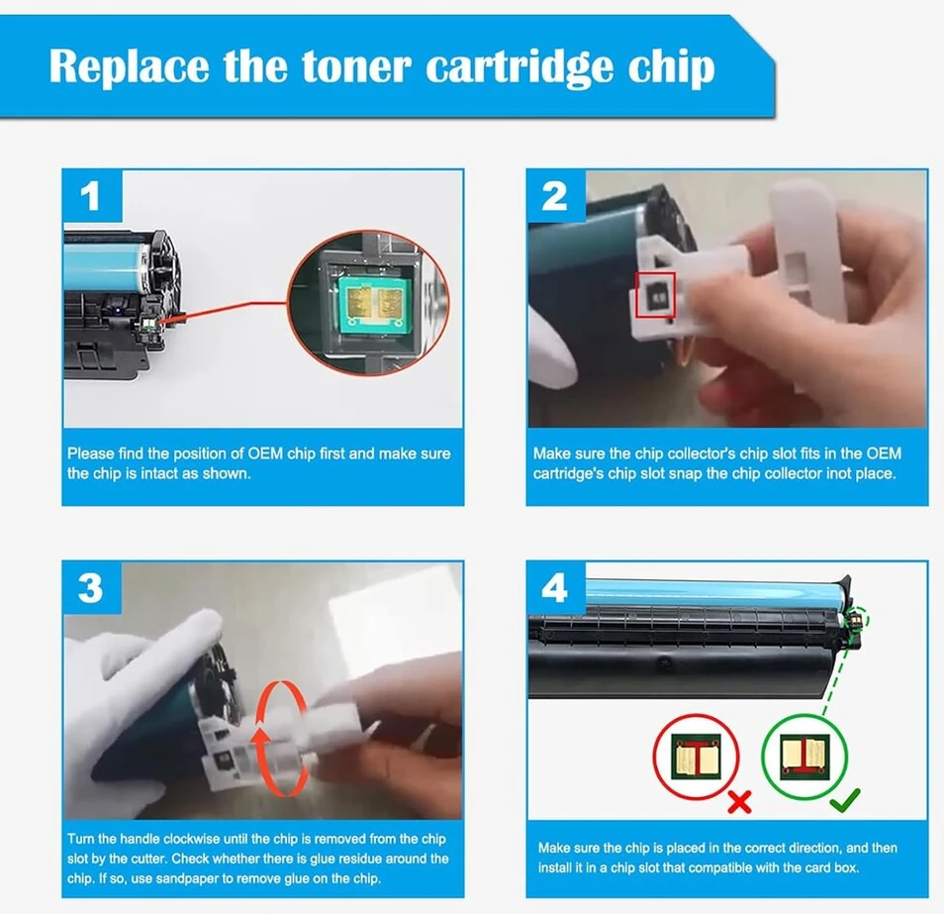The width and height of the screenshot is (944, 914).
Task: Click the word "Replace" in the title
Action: coord(129,66)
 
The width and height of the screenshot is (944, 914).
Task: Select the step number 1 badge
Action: coord(91,195)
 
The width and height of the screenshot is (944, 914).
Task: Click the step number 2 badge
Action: coord(555,195)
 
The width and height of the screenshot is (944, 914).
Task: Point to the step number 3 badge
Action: coord(91,587)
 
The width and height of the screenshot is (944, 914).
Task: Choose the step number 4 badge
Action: coord(555,587)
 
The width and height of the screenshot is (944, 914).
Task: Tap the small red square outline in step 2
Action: coord(656,294)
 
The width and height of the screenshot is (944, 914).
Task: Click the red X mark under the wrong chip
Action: coord(739,802)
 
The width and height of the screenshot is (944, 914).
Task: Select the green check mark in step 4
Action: coord(845,799)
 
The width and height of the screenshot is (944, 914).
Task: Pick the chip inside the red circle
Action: coord(696,757)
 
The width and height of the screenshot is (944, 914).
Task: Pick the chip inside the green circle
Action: coord(804,757)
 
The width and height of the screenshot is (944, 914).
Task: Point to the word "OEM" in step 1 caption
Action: coord(265,454)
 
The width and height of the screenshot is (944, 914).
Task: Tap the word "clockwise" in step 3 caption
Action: coord(191,839)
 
